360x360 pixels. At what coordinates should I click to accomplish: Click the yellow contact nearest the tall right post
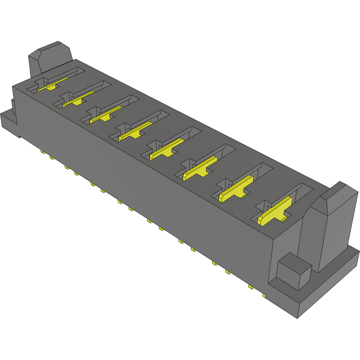tap(274, 212)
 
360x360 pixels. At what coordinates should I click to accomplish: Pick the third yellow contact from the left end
tap(106, 115)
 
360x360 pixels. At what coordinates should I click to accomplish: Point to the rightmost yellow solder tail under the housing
tap(264, 296)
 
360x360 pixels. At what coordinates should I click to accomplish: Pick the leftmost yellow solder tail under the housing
tap(42, 152)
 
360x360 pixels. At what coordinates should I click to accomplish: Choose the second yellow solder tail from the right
tap(250, 286)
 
